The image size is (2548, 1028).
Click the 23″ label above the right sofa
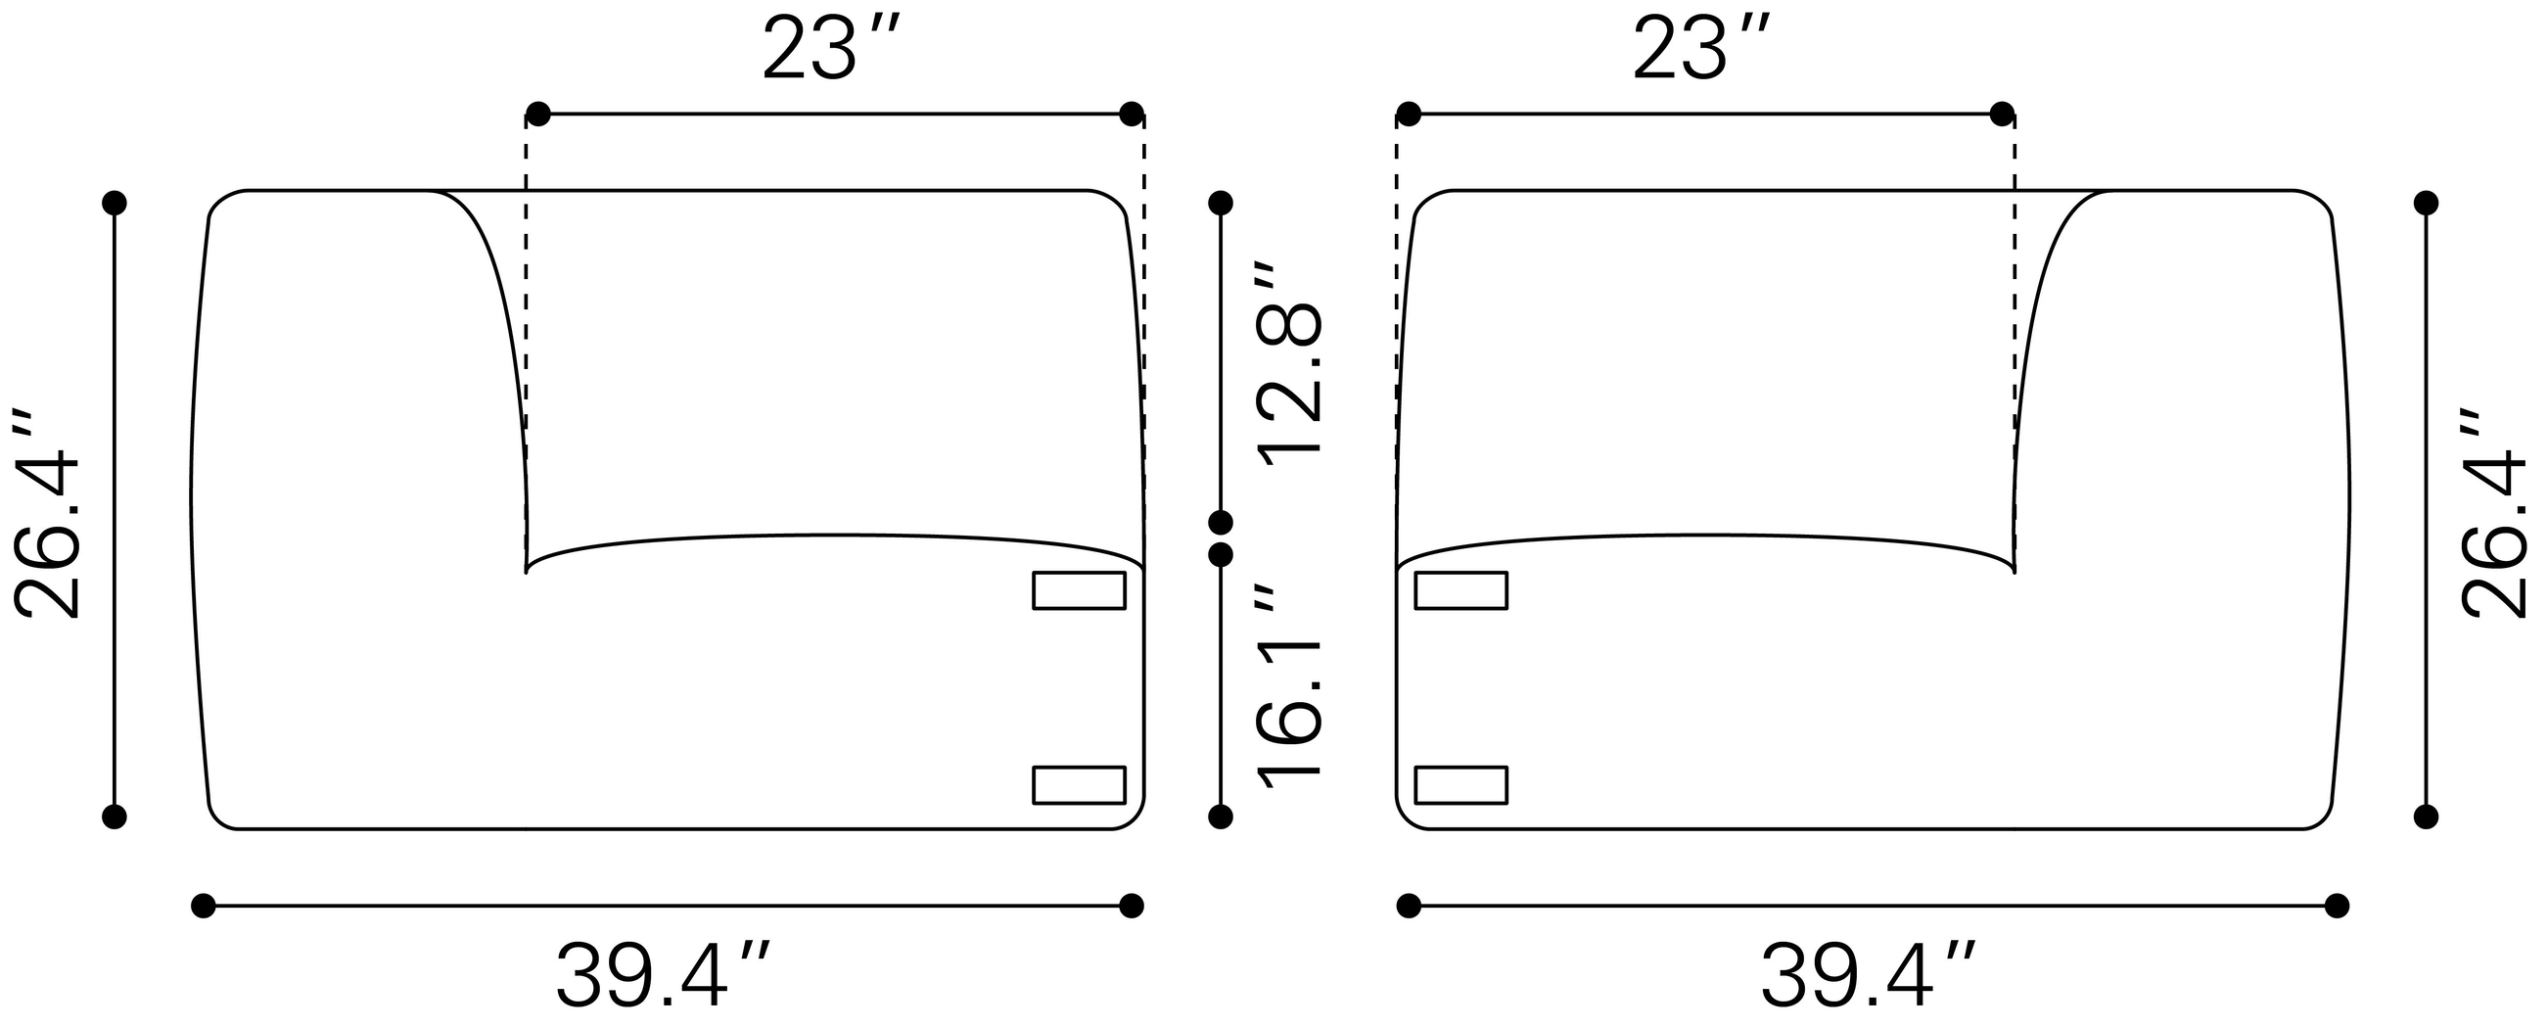click(1699, 50)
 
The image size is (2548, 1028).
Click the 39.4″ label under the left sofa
click(663, 975)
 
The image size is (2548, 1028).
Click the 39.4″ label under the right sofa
click(1868, 975)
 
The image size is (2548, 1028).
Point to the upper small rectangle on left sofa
click(1079, 590)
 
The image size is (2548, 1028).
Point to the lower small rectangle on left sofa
click(1079, 785)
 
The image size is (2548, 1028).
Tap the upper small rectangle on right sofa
click(1460, 590)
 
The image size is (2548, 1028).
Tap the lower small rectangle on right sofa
click(1460, 785)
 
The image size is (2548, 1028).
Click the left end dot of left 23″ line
click(537, 114)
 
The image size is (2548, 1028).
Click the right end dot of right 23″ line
click(2001, 114)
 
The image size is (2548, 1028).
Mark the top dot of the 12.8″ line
click(1221, 203)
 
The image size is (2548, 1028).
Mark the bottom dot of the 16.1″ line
click(1221, 817)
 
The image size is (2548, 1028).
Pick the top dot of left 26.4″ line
click(115, 203)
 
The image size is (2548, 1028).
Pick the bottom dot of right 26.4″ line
click(2426, 817)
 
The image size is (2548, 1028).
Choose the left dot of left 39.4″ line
click(203, 906)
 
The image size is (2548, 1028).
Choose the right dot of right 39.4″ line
click(2337, 906)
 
